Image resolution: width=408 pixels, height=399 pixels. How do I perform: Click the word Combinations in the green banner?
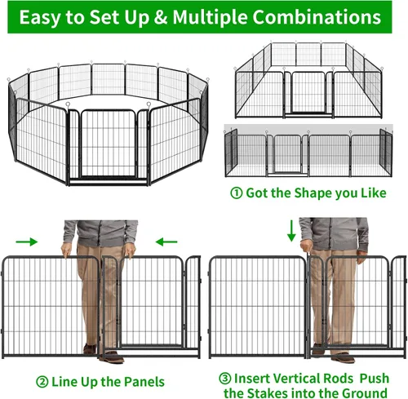(x=317, y=17)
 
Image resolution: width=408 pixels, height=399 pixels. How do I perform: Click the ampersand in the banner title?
(x=161, y=17)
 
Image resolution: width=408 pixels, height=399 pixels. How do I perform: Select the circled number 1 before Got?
(x=236, y=193)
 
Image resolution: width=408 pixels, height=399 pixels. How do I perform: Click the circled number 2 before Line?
(x=42, y=382)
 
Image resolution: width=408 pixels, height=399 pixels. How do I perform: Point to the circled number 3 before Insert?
(x=225, y=379)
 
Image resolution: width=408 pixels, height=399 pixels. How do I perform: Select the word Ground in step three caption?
(x=365, y=393)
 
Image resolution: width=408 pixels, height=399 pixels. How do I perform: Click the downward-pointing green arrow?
(x=291, y=231)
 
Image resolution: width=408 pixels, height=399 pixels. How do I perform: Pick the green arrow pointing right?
(x=27, y=242)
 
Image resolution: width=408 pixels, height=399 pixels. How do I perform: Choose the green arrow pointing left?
(x=166, y=242)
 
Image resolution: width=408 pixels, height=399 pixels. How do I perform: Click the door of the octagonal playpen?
(x=109, y=144)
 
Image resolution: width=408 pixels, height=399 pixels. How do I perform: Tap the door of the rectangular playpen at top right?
(x=308, y=92)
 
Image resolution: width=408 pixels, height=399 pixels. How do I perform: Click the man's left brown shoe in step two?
(x=112, y=357)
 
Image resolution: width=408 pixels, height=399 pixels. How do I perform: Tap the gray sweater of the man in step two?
(x=100, y=233)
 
